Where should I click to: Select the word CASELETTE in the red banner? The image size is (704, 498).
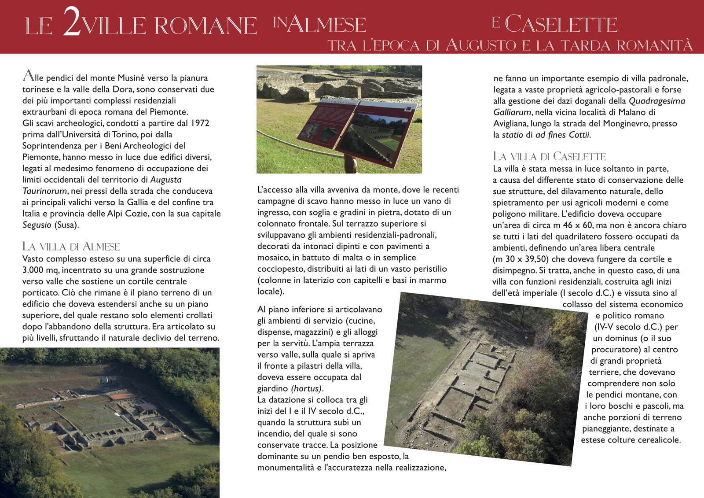561,25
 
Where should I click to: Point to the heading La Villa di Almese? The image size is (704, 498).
71,247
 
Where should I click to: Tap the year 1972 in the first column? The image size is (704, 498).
200,123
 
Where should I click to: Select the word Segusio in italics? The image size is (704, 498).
37,225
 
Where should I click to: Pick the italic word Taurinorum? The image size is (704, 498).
44,191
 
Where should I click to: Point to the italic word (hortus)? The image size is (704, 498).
307,389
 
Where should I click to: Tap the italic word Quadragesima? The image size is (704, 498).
657,101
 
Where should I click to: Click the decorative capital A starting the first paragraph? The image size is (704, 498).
28,77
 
